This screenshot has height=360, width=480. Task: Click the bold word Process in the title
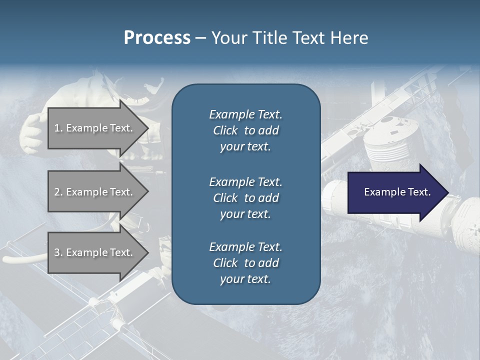coord(157,38)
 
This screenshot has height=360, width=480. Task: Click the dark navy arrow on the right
coord(395,192)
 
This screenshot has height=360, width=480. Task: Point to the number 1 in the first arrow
coord(57,128)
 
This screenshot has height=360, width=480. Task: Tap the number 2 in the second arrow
coord(57,192)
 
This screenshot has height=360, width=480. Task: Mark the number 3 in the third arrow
coord(57,252)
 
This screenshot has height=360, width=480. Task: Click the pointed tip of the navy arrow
coord(446,192)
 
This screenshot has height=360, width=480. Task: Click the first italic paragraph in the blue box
coord(245,130)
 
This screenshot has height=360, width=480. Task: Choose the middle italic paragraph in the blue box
coord(245,198)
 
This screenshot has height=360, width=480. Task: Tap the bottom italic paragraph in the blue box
coord(245,263)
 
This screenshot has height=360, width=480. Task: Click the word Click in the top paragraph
coord(225,130)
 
